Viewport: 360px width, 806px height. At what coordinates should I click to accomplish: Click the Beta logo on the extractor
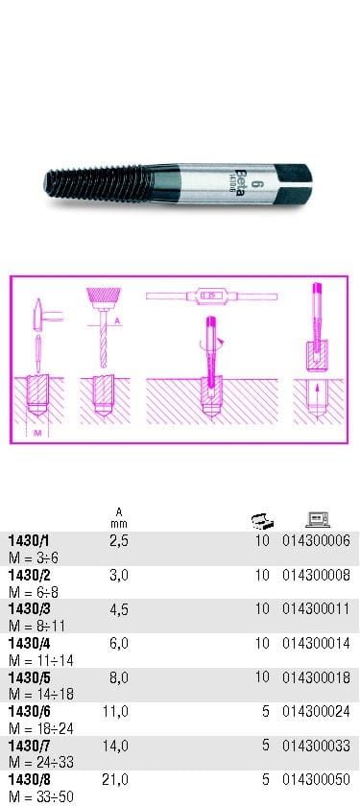(x=239, y=184)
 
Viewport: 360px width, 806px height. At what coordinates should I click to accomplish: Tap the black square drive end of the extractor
(x=293, y=182)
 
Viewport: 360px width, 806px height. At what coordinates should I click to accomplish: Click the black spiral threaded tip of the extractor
(x=99, y=183)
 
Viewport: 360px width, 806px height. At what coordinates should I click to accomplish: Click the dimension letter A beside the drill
(x=117, y=321)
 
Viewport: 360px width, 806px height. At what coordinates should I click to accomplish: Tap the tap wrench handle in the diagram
(x=211, y=296)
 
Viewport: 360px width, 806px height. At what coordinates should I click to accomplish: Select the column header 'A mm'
(x=119, y=517)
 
